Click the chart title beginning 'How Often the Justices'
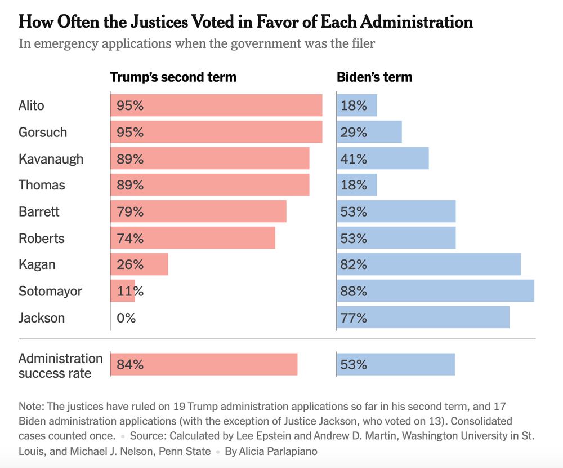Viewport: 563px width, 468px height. (245, 22)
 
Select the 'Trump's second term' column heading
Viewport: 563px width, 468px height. (173, 77)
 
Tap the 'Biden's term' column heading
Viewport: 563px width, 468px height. (374, 77)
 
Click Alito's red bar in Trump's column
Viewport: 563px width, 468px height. (216, 105)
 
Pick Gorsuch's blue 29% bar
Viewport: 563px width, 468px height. (369, 132)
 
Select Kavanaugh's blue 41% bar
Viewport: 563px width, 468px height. (383, 158)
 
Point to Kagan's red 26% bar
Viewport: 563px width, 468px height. (140, 264)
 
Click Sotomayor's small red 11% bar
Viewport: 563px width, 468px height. (123, 291)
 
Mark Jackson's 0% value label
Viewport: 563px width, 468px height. (126, 317)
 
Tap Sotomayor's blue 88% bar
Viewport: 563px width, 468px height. (436, 291)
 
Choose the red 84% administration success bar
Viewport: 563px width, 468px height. (204, 364)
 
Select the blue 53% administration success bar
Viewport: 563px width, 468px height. (396, 364)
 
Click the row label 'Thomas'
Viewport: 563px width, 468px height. (42, 185)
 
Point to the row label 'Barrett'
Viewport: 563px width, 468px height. (39, 211)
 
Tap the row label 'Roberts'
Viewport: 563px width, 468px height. (42, 238)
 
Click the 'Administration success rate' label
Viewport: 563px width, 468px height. (60, 365)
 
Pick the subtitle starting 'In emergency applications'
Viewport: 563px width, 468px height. (196, 43)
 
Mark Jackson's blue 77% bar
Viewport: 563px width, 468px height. (423, 317)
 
